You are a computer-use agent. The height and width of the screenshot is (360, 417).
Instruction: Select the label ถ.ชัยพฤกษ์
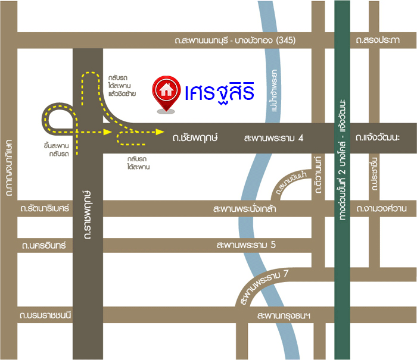click(195, 137)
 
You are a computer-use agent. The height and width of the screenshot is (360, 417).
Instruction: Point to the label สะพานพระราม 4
click(274, 138)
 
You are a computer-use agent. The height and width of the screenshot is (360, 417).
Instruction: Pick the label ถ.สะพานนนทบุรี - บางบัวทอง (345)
click(235, 40)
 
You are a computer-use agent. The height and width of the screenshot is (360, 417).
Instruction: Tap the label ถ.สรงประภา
click(377, 40)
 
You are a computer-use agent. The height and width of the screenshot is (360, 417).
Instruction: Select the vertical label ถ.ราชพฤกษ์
click(88, 214)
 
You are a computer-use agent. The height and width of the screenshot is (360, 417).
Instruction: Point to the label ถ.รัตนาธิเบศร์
click(45, 209)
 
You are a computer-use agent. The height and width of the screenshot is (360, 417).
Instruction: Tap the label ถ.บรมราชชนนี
click(45, 315)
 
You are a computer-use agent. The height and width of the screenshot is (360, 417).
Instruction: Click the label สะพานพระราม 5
click(245, 245)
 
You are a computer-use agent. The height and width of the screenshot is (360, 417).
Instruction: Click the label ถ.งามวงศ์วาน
click(381, 209)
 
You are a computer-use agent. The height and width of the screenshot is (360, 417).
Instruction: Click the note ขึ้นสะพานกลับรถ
click(57, 149)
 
